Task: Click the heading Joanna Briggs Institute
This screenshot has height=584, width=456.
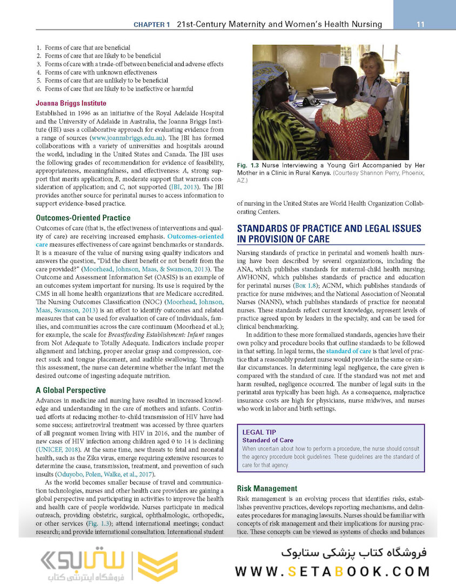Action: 71,103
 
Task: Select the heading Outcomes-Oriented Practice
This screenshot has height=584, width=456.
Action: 83,218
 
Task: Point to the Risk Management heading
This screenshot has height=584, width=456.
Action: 267,488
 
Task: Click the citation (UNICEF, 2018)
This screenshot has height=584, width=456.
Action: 59,449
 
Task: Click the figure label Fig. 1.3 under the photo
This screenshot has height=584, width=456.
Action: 247,164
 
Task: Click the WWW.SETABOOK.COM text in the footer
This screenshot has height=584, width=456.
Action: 332,571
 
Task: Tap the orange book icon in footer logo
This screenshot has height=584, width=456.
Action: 157,566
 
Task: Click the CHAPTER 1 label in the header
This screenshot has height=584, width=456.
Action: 152,24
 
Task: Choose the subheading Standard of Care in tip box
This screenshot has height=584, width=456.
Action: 268,440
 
